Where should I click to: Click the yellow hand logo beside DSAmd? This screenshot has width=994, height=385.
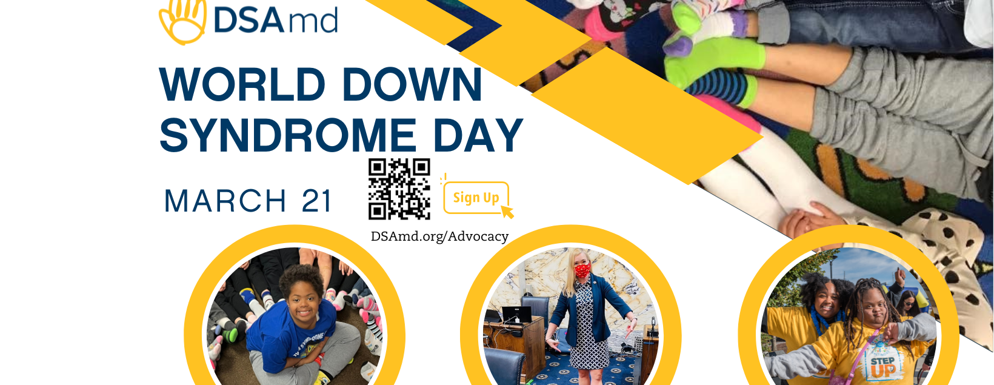click(182, 21)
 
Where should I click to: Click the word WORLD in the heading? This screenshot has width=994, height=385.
click(242, 85)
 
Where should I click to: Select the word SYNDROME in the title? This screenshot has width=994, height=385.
click(288, 135)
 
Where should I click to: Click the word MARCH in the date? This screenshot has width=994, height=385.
click(225, 201)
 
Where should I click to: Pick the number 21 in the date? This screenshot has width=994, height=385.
click(317, 201)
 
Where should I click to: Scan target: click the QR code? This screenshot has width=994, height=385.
click(399, 189)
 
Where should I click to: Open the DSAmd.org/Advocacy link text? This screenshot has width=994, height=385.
click(439, 236)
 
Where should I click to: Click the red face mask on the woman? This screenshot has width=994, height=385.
click(582, 269)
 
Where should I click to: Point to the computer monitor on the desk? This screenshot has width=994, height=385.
click(516, 314)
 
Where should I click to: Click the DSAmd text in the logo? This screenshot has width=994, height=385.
click(276, 21)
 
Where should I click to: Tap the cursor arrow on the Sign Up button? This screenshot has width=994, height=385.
click(507, 211)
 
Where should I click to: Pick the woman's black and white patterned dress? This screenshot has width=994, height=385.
click(584, 327)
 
